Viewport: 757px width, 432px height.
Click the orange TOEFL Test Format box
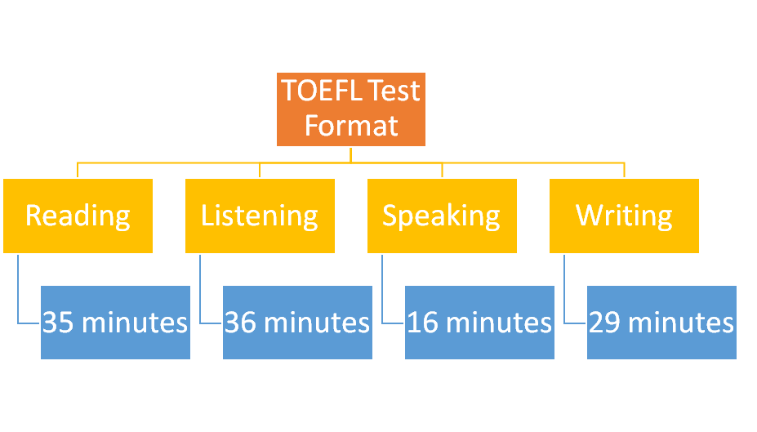pos(351,109)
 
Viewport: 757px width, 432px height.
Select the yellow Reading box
pos(78,216)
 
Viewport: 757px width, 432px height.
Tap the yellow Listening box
pos(260,216)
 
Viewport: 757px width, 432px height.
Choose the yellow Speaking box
pos(443,216)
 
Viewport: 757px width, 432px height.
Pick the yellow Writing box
pos(624,216)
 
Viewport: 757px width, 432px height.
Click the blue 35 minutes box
pos(115,323)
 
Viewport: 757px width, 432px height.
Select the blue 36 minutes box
pos(297,323)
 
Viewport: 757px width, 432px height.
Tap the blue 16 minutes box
pos(479,323)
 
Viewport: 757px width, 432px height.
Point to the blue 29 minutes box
pos(662,323)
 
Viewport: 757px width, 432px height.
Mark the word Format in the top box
pos(351,126)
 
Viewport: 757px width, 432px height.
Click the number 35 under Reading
pos(58,323)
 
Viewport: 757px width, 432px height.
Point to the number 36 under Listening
pos(240,323)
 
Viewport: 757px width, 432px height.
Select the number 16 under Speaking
pos(422,323)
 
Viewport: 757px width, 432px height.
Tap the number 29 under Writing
pos(604,323)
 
